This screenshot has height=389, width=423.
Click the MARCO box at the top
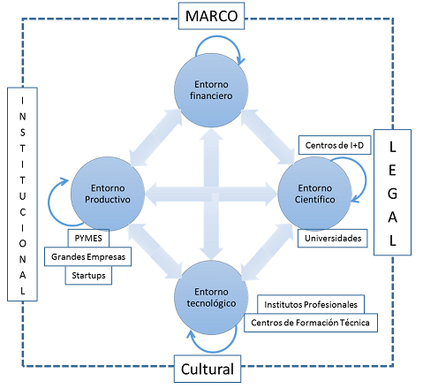point(211,16)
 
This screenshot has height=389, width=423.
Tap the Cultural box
point(208,369)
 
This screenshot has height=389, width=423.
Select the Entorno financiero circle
point(211,90)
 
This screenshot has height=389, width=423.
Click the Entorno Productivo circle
point(108,194)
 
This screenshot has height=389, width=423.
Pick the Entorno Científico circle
point(314,194)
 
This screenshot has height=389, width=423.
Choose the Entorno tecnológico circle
point(211,298)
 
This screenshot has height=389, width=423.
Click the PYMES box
point(88,238)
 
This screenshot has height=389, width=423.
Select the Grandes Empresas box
point(88,256)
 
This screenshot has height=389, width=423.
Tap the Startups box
point(88,275)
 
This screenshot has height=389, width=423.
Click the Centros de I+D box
point(335,145)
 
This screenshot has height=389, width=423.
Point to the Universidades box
point(333,238)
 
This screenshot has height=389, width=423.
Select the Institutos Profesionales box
point(311,304)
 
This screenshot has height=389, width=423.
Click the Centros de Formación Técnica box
point(311,323)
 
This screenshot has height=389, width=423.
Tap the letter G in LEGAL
point(392,194)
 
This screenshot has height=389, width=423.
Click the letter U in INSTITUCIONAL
point(22,196)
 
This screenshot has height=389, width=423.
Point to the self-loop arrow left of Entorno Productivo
point(49,203)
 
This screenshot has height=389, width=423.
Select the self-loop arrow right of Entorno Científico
point(366,179)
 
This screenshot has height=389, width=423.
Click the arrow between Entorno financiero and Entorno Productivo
point(155,137)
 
